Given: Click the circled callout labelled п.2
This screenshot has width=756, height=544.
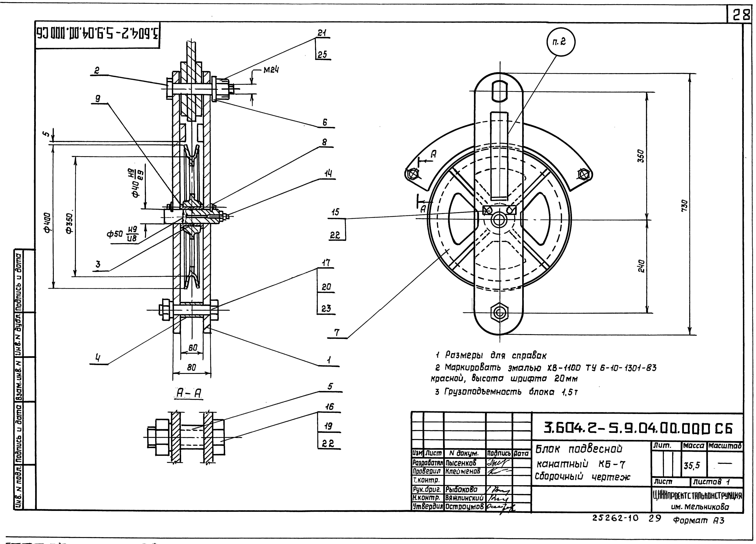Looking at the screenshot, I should pyautogui.click(x=561, y=42).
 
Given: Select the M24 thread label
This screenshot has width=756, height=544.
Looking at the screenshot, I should pyautogui.click(x=271, y=70).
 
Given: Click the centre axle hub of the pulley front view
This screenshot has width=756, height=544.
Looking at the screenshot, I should pyautogui.click(x=499, y=220).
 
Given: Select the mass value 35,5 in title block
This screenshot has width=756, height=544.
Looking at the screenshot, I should pyautogui.click(x=692, y=466).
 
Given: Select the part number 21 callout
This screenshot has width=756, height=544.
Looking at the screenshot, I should pyautogui.click(x=322, y=33).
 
